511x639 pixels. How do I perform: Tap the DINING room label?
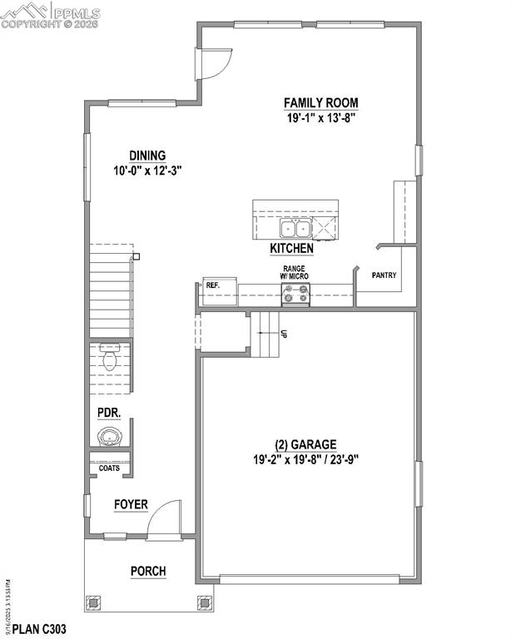[147, 155]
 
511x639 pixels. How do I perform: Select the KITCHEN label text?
[291, 248]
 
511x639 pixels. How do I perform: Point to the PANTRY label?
[384, 275]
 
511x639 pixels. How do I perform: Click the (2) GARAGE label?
[307, 444]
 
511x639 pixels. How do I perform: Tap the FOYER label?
[131, 505]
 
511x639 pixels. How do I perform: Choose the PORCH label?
[148, 571]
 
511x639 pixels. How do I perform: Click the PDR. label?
[109, 413]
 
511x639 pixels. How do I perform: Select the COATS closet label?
[109, 468]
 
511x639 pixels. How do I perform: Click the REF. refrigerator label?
[212, 285]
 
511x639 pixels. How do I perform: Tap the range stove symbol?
[295, 294]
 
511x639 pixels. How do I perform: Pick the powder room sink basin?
[109, 437]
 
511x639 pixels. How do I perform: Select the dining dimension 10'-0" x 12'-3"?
[148, 170]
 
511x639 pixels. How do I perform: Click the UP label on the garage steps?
[283, 334]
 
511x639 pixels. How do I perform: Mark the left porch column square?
[93, 602]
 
